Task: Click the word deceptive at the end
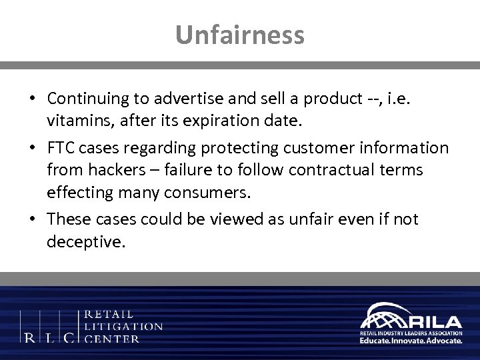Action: click(x=86, y=241)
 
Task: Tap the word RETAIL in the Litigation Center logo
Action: click(x=109, y=313)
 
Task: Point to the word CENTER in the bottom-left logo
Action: click(x=113, y=339)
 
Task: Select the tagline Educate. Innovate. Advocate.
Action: click(x=411, y=340)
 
